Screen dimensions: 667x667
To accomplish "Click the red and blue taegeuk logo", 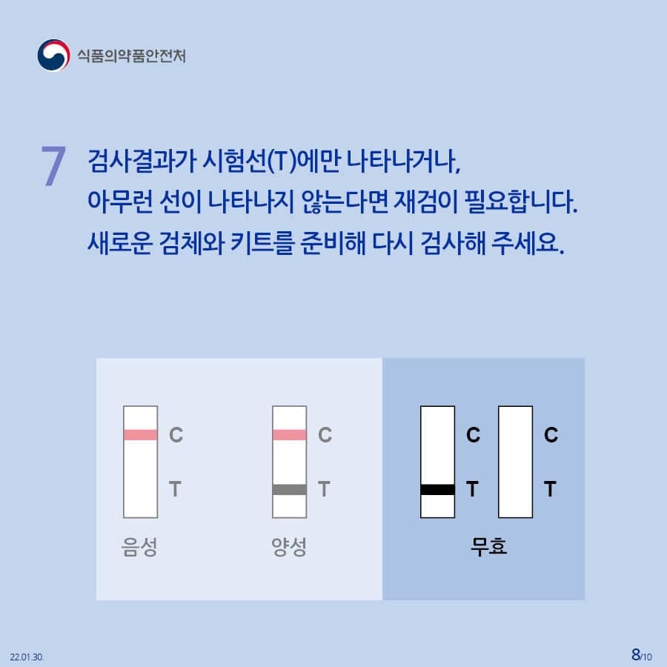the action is [x=53, y=56].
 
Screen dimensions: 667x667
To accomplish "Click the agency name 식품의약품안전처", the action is [x=131, y=56].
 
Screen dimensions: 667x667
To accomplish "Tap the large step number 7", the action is [x=53, y=165].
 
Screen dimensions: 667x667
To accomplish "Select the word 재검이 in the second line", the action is [x=426, y=201].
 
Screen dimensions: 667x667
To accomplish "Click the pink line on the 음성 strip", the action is [x=140, y=435].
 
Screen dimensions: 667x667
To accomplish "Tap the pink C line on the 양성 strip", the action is [x=289, y=435].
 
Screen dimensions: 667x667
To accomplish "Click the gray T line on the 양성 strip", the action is [x=289, y=489].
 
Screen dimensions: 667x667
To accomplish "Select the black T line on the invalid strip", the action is [x=437, y=489].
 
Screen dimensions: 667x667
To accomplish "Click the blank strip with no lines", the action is [x=515, y=462].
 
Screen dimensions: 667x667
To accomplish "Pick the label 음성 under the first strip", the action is [x=139, y=547].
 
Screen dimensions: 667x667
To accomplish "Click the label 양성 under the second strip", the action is [x=289, y=547].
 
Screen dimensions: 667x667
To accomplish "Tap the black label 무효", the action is [x=489, y=547].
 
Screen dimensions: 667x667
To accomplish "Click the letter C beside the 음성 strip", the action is [x=176, y=435].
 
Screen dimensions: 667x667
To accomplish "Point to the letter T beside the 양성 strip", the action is [x=324, y=489].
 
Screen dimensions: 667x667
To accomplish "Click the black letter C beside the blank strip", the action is [x=551, y=435].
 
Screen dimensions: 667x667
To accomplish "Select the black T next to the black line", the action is [x=472, y=489].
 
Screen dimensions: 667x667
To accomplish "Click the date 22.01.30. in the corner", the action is [x=27, y=657].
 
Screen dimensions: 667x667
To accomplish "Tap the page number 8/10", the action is [x=642, y=655].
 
